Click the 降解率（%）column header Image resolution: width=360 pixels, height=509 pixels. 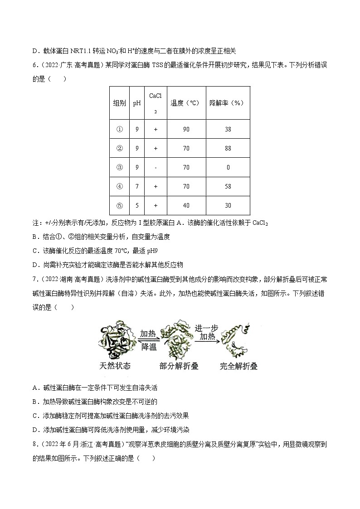pyautogui.click(x=227, y=103)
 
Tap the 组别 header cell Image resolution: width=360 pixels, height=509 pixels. pyautogui.click(x=120, y=103)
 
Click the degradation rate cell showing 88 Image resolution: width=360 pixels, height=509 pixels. pyautogui.click(x=228, y=148)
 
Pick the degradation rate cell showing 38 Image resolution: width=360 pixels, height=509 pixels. pyautogui.click(x=228, y=129)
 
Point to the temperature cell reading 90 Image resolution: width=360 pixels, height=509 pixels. pyautogui.click(x=186, y=129)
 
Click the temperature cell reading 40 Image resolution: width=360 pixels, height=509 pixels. pyautogui.click(x=186, y=205)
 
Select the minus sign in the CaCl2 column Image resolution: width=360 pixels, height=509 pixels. pyautogui.click(x=155, y=167)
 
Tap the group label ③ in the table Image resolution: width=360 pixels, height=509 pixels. pyautogui.click(x=120, y=167)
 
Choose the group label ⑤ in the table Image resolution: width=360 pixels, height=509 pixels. pyautogui.click(x=120, y=205)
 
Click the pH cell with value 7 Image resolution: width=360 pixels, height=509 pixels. pyautogui.click(x=137, y=186)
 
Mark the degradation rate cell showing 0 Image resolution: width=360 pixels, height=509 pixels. pyautogui.click(x=228, y=167)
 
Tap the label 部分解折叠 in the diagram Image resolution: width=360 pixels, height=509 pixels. pyautogui.click(x=179, y=365)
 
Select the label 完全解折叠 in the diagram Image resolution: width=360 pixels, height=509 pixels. pyautogui.click(x=238, y=365)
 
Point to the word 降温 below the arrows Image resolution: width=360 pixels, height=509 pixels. pyautogui.click(x=149, y=346)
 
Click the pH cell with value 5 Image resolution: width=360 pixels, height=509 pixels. pyautogui.click(x=137, y=205)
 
